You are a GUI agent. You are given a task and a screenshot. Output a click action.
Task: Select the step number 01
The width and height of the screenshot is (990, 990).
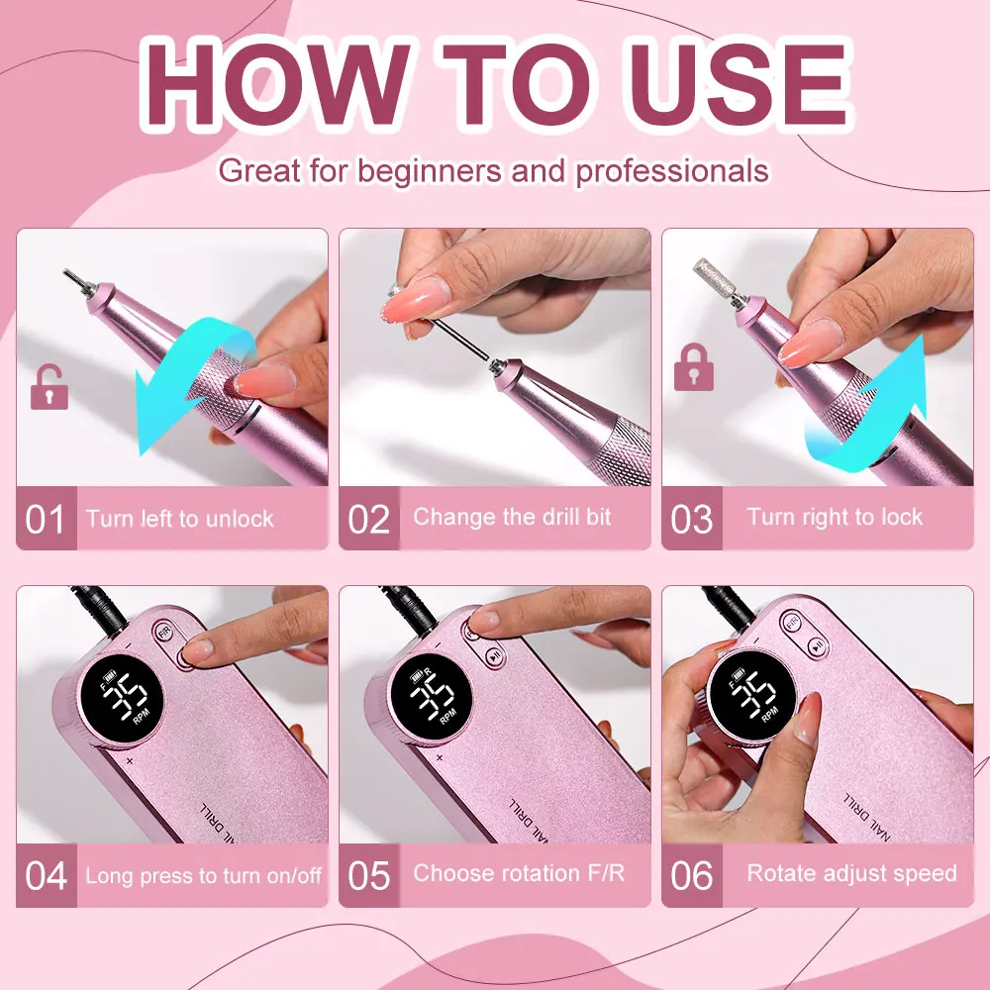[x=45, y=519]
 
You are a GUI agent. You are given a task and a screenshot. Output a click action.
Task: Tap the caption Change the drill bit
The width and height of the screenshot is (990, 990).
[x=512, y=517]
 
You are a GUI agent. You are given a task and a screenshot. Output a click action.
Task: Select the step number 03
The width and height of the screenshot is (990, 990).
[x=691, y=519]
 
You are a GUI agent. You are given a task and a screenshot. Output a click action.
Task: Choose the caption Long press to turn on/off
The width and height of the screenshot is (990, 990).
[x=203, y=875]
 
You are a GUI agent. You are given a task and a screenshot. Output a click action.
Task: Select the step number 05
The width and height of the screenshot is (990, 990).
[x=368, y=875]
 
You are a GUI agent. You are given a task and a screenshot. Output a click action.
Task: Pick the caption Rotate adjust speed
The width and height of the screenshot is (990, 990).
[x=851, y=873]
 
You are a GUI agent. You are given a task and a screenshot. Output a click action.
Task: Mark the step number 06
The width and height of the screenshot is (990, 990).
[x=691, y=875]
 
